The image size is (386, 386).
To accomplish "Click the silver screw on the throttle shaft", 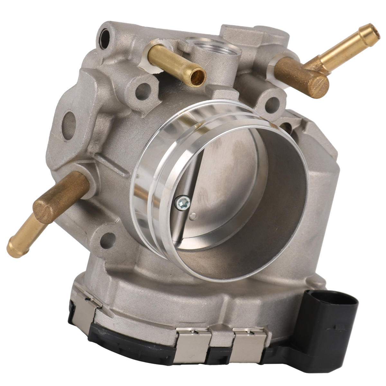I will [181, 202].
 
